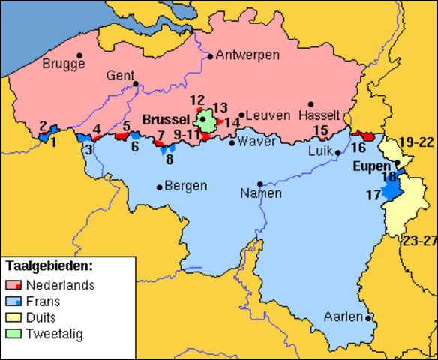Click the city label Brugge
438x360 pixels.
point(64,65)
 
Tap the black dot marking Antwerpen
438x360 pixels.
point(211,55)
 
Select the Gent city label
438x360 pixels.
point(120,76)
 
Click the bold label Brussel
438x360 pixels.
point(165,120)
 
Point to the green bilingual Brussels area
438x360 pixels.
point(204,119)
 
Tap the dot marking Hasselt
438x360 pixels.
point(310,104)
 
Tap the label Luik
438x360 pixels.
point(321,151)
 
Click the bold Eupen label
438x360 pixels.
point(372,166)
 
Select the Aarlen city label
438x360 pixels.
point(343,317)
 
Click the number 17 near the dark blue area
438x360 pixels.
point(373,196)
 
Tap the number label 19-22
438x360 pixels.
point(415,142)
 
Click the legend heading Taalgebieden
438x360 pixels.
point(49,265)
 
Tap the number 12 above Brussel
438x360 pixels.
point(197,100)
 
